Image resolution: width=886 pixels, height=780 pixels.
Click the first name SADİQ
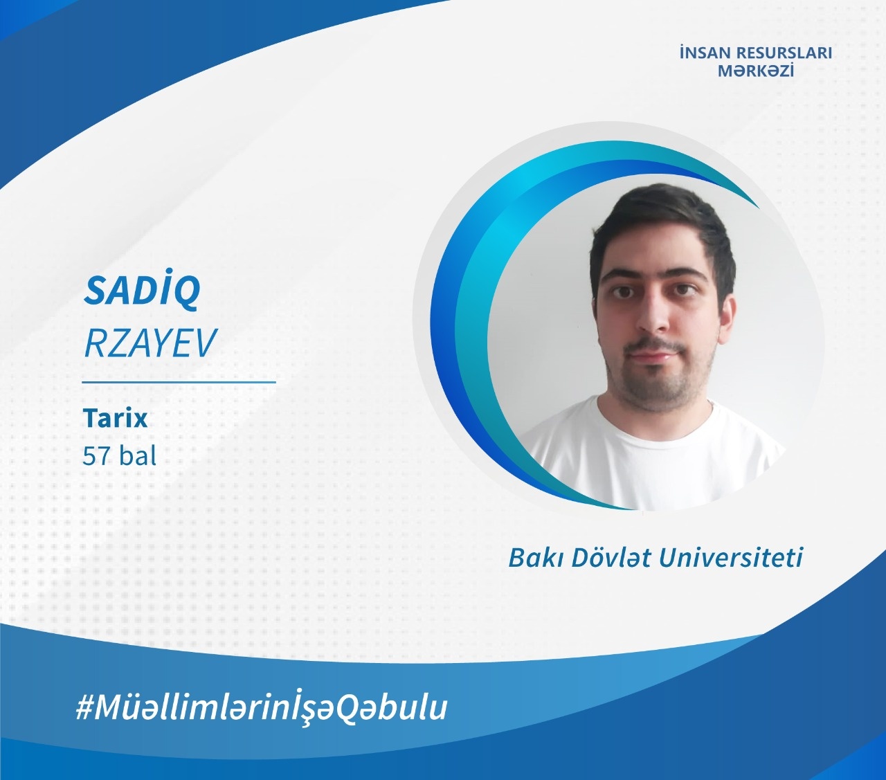tap(142, 291)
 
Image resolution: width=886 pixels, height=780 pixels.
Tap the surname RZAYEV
tap(150, 343)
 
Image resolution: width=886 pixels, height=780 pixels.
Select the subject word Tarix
tap(115, 417)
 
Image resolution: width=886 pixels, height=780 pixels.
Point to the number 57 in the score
tap(96, 456)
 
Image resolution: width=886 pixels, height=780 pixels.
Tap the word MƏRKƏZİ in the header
tap(756, 71)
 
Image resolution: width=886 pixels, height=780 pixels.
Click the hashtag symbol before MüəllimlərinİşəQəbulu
tap(84, 708)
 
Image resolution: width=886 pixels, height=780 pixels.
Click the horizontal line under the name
tap(179, 382)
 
